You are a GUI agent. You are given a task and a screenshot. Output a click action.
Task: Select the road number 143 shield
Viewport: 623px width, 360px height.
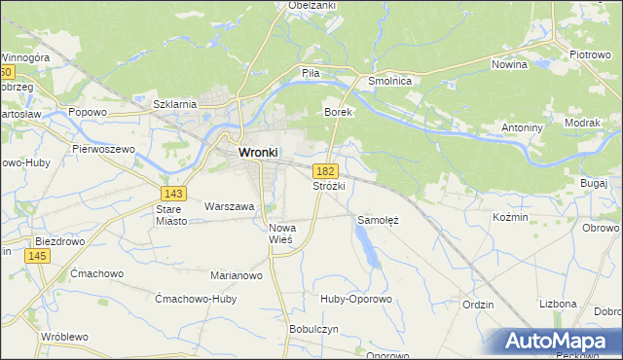[174, 193]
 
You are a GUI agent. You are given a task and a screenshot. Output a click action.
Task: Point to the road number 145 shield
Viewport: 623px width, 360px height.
[38, 255]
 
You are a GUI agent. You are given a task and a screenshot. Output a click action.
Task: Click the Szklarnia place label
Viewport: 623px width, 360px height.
[176, 103]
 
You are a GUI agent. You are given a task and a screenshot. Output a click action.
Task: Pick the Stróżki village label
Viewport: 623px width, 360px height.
[329, 185]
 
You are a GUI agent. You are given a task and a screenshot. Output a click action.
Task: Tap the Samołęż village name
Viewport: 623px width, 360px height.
[379, 220]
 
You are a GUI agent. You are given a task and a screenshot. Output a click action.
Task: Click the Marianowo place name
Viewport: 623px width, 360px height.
[237, 275]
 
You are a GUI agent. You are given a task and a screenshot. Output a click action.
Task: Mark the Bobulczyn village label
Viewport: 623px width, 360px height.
[313, 329]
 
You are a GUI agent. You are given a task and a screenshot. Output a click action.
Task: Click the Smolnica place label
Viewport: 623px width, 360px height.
[391, 82]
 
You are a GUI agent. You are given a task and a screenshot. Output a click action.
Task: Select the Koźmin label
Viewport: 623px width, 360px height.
[510, 217]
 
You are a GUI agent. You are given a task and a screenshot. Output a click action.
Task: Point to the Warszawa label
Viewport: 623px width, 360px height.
[229, 206]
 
